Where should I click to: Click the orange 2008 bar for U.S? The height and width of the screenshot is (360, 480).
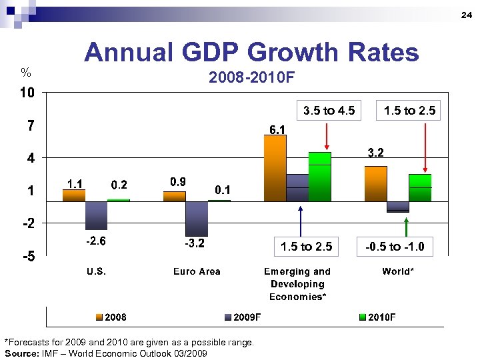(74, 195)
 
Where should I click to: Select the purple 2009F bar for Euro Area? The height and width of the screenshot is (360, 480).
(197, 218)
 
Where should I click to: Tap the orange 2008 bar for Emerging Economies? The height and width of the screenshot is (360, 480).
(275, 168)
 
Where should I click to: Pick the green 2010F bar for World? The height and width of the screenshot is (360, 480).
(420, 187)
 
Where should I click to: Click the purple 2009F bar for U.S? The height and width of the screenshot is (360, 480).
(96, 215)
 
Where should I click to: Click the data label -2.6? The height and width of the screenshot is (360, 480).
(95, 241)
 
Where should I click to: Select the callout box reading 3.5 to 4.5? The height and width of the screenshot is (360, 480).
(329, 111)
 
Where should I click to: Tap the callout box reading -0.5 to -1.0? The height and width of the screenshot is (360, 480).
(395, 247)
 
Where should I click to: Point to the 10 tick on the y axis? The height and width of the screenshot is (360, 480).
(26, 93)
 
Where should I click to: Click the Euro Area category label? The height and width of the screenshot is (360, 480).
(197, 271)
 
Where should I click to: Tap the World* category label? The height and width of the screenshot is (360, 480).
(398, 271)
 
